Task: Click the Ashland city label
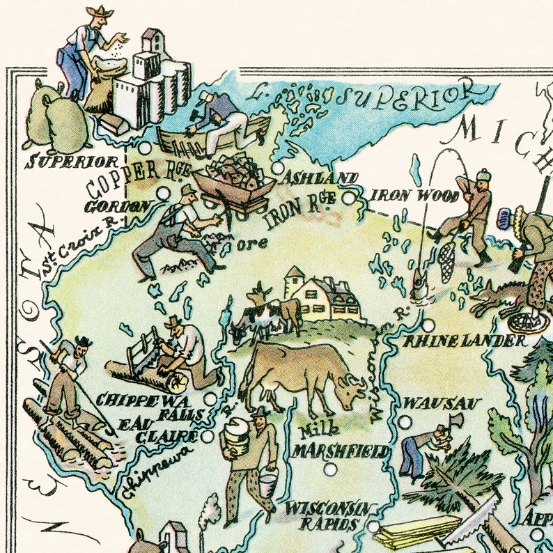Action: coord(319,179)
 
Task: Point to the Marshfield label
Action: coord(341,451)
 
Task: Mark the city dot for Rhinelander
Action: coord(428,325)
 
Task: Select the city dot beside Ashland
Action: coord(278,168)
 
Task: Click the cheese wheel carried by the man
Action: coord(235,438)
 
